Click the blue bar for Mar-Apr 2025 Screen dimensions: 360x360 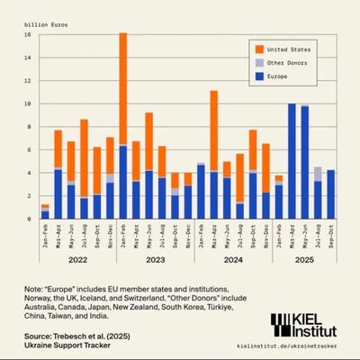[292, 161]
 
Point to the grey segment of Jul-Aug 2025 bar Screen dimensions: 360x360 [318, 174]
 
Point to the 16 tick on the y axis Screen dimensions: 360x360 [28, 35]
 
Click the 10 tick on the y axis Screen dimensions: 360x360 [28, 104]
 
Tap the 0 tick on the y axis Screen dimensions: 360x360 [30, 219]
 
